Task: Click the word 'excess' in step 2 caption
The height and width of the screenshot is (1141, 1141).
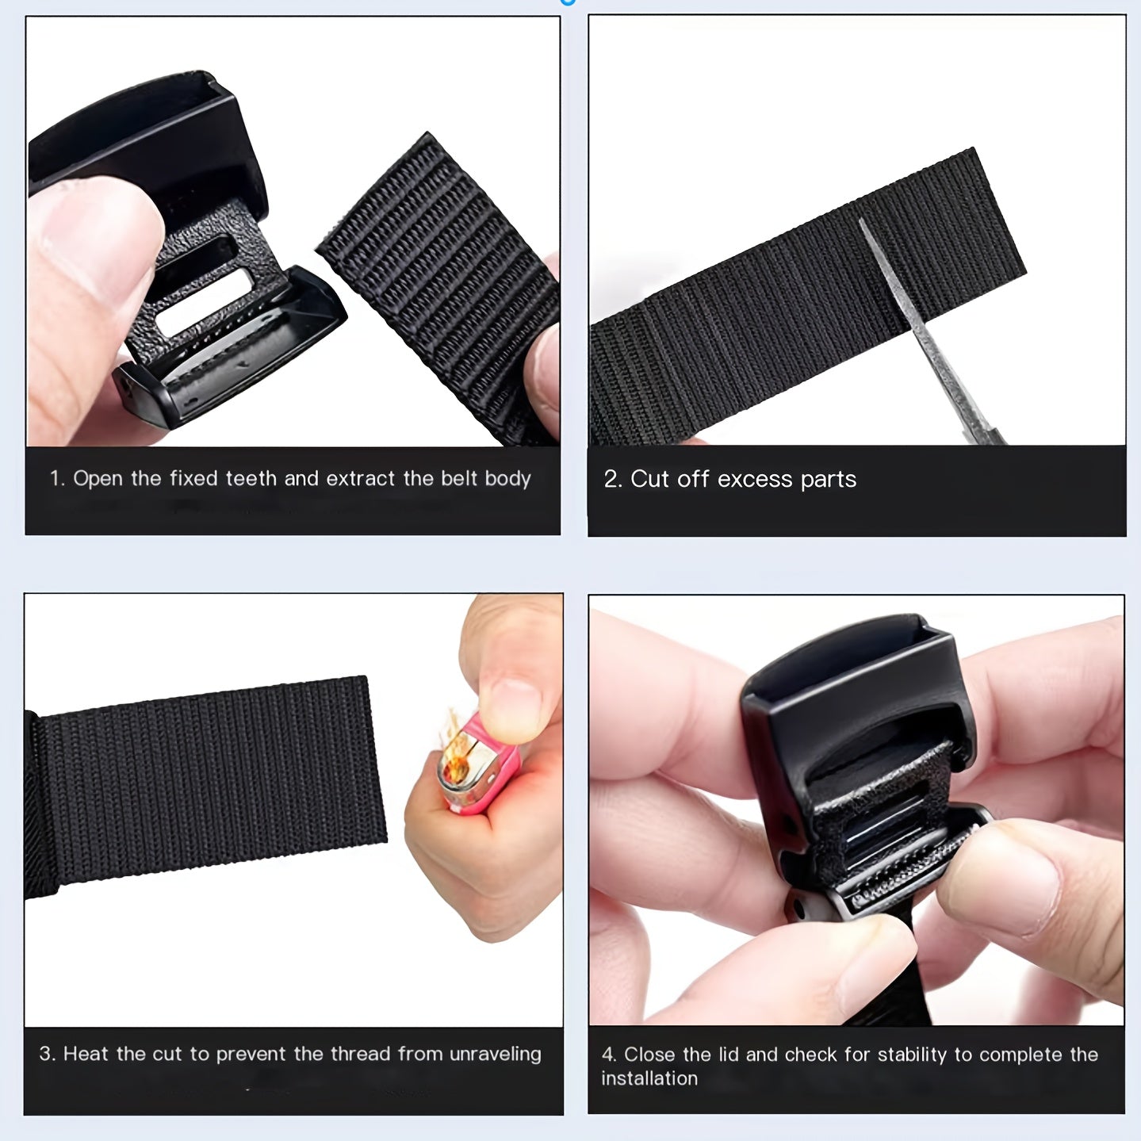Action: pyautogui.click(x=754, y=479)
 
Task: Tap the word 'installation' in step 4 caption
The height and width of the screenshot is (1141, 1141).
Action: pyautogui.click(x=649, y=1078)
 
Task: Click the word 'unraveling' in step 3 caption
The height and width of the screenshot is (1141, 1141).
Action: pyautogui.click(x=495, y=1055)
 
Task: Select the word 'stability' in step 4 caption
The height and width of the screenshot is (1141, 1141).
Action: pyautogui.click(x=912, y=1055)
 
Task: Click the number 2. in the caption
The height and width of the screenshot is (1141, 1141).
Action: pyautogui.click(x=613, y=479)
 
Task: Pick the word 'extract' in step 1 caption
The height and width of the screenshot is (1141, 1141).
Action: pyautogui.click(x=361, y=478)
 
